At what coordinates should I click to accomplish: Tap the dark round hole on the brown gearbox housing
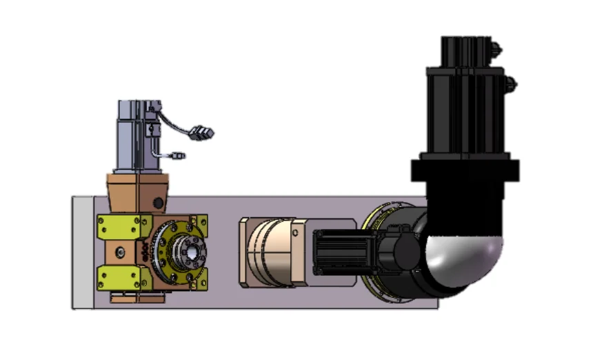[159, 203]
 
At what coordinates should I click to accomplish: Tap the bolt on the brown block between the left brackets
[121, 252]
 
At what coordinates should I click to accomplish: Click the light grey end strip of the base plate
[82, 252]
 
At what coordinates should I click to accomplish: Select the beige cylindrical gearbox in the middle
[269, 252]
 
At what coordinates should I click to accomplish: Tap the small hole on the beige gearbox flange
[297, 232]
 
